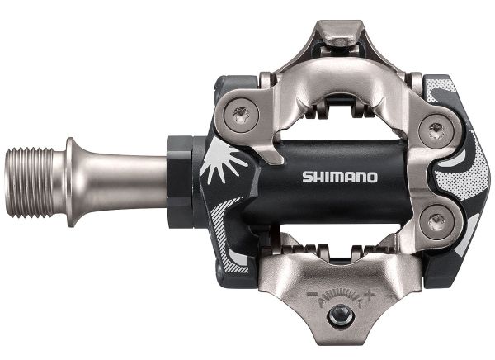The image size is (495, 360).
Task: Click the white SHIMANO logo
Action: [x=340, y=177]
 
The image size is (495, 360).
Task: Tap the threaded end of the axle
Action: [x=29, y=182]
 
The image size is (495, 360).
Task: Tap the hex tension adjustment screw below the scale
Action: [x=340, y=314]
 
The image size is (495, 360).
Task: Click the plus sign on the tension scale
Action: [x=370, y=295]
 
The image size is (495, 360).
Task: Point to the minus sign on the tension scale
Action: [x=312, y=294]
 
